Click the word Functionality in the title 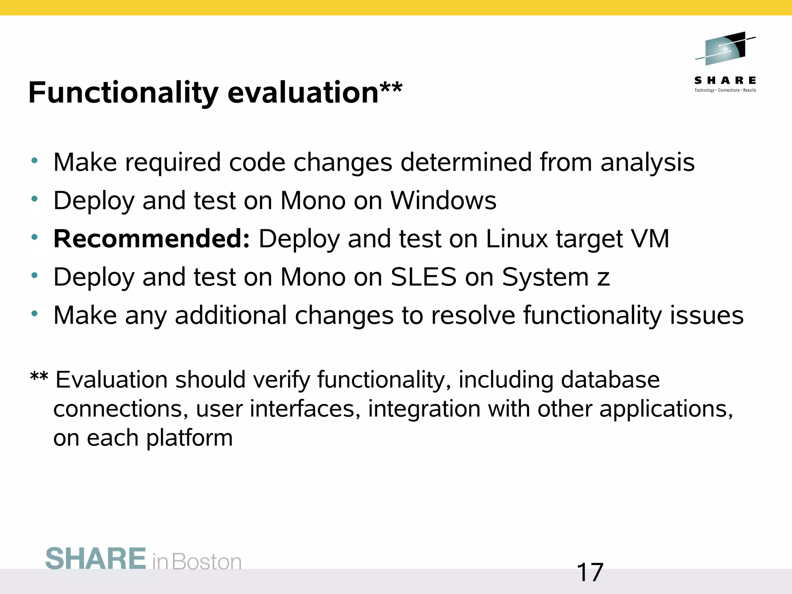point(123,93)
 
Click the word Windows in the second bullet point(443,200)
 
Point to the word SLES point(423,277)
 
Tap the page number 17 point(590,572)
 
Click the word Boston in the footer point(207,562)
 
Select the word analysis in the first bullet point(647,162)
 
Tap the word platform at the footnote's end point(189,438)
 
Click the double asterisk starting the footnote point(39,376)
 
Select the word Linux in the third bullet point(517,239)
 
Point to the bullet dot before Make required point(35,160)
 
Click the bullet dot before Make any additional point(35,313)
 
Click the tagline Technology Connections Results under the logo point(725,90)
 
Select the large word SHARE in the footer point(96,559)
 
